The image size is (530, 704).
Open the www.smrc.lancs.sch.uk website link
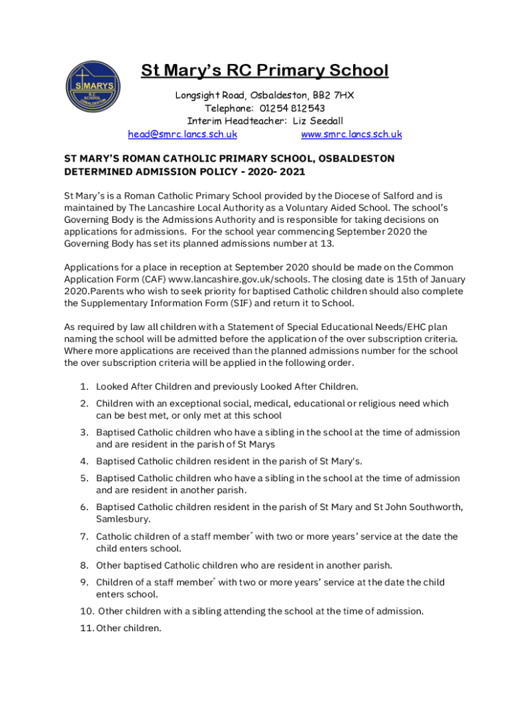[x=351, y=135]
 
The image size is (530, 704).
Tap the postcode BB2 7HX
[x=333, y=95]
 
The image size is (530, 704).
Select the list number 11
[x=86, y=627]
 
